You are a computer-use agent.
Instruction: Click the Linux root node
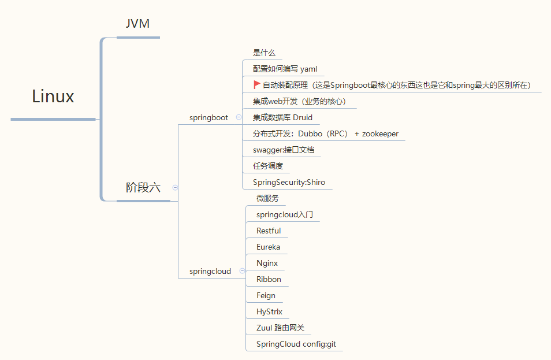[x=53, y=97]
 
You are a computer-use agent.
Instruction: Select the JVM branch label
[x=138, y=24]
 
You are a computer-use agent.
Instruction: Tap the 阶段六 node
[x=143, y=187]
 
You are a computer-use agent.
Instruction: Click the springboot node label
[x=209, y=117]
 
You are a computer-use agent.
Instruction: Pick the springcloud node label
[x=210, y=271]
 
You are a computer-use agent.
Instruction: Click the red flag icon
[x=257, y=84]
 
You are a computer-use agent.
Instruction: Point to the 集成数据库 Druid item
[x=282, y=117]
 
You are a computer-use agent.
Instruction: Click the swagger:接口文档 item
[x=284, y=150]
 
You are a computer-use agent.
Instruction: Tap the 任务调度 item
[x=268, y=166]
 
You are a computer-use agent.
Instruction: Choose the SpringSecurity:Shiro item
[x=289, y=182]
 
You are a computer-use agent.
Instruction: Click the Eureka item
[x=268, y=247]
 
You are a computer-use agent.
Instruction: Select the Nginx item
[x=267, y=263]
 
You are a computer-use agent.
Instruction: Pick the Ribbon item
[x=269, y=279]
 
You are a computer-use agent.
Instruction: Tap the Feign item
[x=266, y=295]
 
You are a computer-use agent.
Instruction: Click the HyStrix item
[x=269, y=311]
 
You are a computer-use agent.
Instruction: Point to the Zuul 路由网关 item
[x=280, y=328]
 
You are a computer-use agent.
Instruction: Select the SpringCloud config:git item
[x=296, y=344]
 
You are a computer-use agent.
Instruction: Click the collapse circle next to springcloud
[x=242, y=270]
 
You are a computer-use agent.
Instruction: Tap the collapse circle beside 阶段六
[x=175, y=187]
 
